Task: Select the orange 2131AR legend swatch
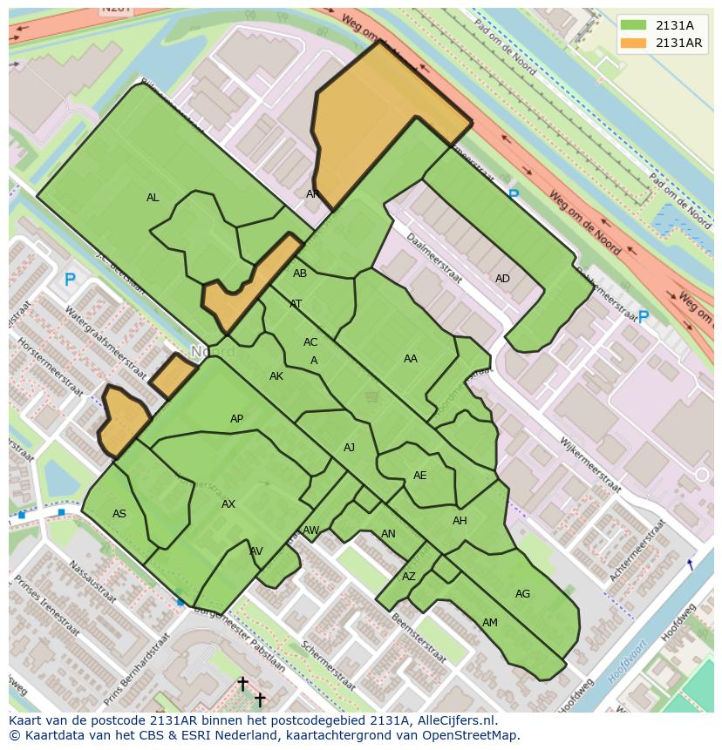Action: (x=634, y=44)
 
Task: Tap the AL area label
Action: (x=153, y=198)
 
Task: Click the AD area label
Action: (x=502, y=279)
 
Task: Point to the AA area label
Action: (x=410, y=358)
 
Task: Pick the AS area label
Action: (x=119, y=514)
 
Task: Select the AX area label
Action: (x=228, y=504)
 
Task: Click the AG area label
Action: (x=522, y=594)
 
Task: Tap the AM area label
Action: (x=490, y=623)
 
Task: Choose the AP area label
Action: (x=236, y=419)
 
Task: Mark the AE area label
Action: (x=420, y=476)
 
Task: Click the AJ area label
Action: (x=349, y=448)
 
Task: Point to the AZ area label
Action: (x=409, y=577)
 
